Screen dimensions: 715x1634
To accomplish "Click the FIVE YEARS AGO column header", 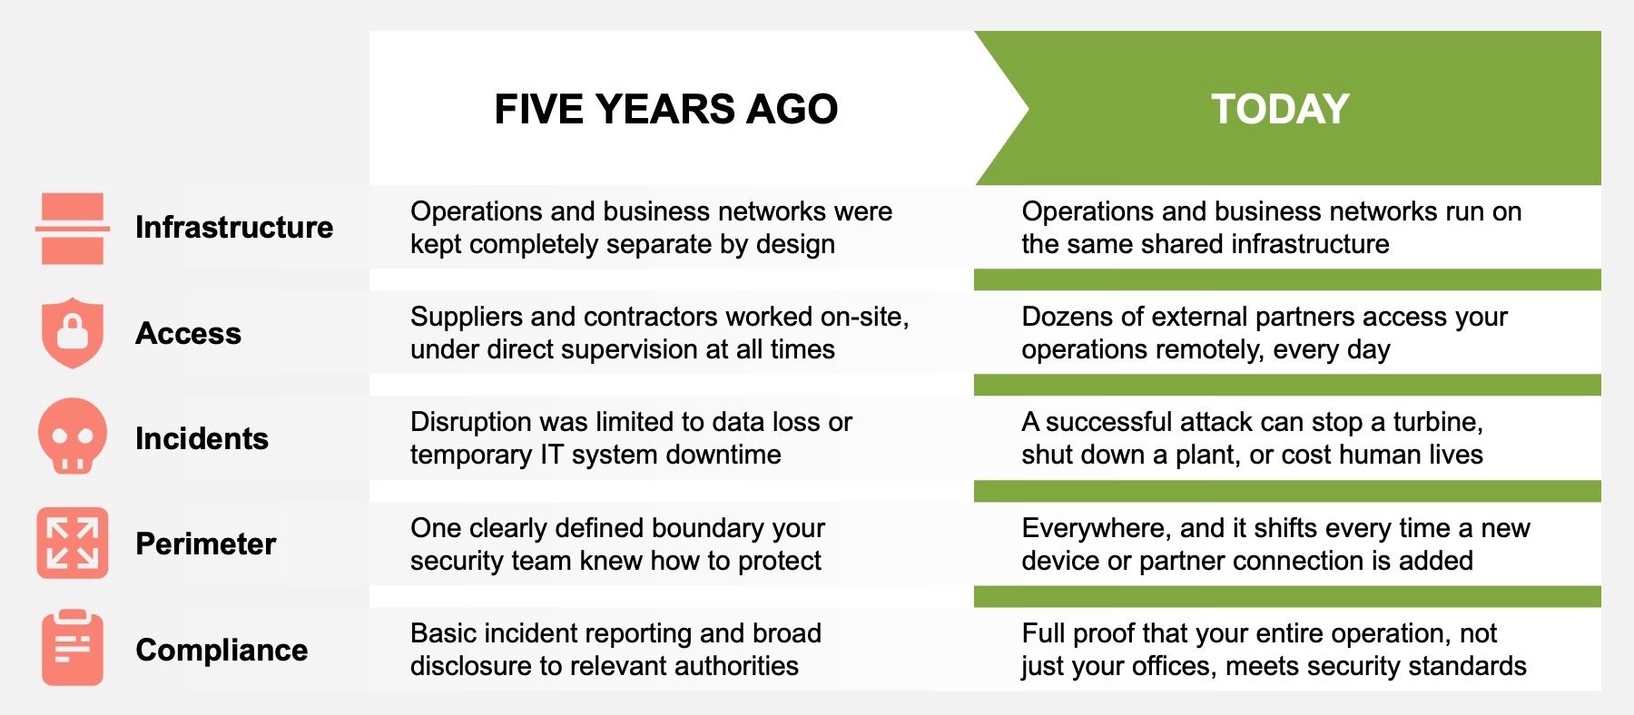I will (665, 109).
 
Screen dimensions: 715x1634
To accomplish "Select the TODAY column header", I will (1280, 109).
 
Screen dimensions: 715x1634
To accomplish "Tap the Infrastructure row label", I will (234, 227).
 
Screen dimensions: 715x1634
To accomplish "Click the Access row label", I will (188, 333).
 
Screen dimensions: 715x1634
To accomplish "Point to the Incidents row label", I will (202, 438).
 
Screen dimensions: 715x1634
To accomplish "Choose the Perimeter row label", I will (205, 544).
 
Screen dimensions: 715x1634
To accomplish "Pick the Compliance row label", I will (221, 650).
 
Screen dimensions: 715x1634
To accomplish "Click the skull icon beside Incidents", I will (73, 436).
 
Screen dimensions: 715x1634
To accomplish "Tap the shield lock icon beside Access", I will (73, 332).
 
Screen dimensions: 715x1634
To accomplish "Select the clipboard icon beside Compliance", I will (73, 648).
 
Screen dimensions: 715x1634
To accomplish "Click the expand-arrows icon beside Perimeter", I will (73, 543).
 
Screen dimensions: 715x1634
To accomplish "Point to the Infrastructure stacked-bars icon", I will (73, 228).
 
